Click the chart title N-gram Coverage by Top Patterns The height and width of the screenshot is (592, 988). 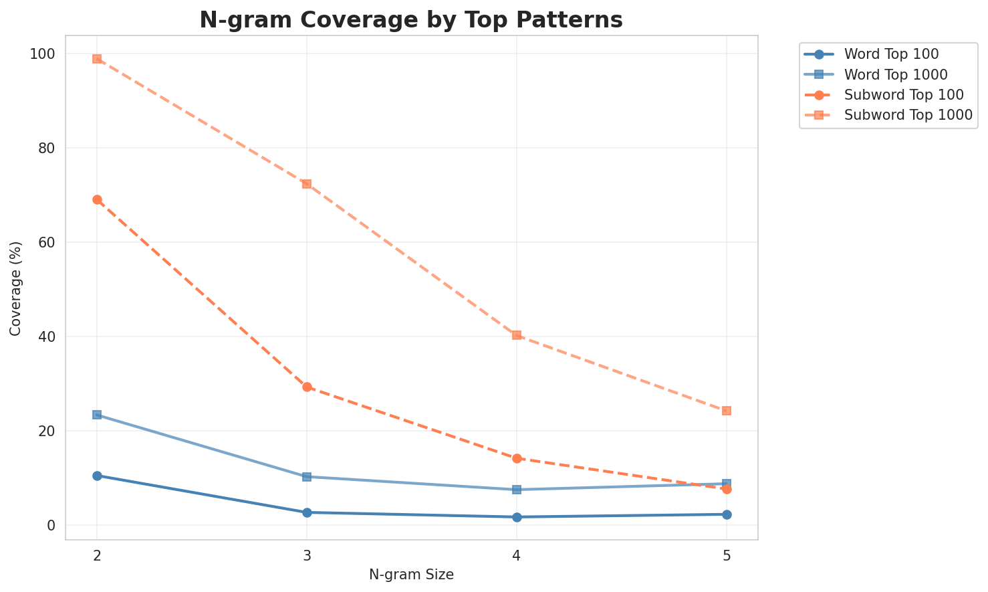pyautogui.click(x=411, y=20)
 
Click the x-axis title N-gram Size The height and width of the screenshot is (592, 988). pyautogui.click(x=411, y=575)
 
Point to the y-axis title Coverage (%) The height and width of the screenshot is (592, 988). pyautogui.click(x=15, y=288)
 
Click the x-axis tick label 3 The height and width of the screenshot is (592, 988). pyautogui.click(x=307, y=555)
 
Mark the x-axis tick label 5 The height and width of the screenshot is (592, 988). pyautogui.click(x=727, y=555)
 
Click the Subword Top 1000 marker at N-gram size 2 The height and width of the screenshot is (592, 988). pyautogui.click(x=97, y=59)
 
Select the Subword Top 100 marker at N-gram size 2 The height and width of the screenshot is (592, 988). pyautogui.click(x=97, y=199)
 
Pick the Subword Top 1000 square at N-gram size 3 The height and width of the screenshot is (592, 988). pyautogui.click(x=307, y=184)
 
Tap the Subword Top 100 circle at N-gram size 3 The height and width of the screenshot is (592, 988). pyautogui.click(x=307, y=387)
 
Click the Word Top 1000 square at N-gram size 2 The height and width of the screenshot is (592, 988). pyautogui.click(x=97, y=415)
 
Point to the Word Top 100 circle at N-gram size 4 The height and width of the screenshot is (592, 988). pyautogui.click(x=517, y=517)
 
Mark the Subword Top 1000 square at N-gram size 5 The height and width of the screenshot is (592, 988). pyautogui.click(x=727, y=411)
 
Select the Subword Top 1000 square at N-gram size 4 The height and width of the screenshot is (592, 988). pyautogui.click(x=517, y=335)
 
